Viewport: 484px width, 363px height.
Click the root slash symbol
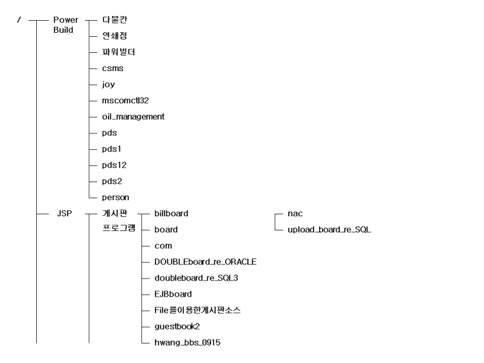click(19, 20)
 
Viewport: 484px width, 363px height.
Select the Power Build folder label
click(66, 25)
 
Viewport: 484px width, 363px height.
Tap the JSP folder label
click(64, 214)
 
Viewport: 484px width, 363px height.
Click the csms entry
click(113, 68)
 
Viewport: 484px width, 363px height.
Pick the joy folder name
click(109, 84)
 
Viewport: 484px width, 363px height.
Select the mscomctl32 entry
click(125, 100)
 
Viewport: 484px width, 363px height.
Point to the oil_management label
click(133, 117)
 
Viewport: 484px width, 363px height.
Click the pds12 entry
click(114, 165)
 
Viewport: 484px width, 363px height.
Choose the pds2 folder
click(112, 181)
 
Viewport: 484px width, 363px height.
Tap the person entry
click(115, 198)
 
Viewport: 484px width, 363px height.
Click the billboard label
click(172, 214)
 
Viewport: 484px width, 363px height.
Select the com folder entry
click(164, 246)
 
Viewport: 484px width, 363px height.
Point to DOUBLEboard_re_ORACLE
click(206, 262)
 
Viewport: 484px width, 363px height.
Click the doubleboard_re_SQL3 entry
click(196, 278)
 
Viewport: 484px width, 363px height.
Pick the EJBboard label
click(173, 294)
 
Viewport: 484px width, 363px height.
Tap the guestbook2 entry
click(177, 327)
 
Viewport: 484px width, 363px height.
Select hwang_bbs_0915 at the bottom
click(187, 343)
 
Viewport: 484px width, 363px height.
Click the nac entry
click(295, 214)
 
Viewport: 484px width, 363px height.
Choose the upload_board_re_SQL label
click(329, 230)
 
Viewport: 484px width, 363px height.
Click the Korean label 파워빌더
click(119, 52)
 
